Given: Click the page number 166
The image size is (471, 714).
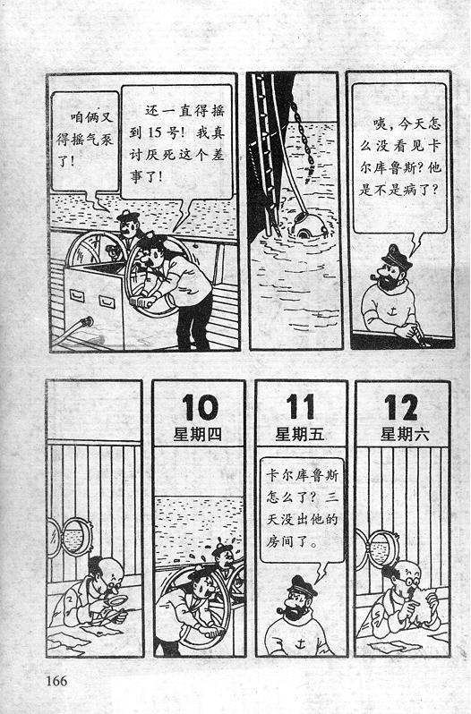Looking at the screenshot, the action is pyautogui.click(x=56, y=681).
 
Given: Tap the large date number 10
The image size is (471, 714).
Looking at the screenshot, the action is pyautogui.click(x=200, y=407).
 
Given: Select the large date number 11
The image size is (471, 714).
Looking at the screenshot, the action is pyautogui.click(x=301, y=406).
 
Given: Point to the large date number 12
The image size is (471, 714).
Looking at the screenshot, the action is pyautogui.click(x=401, y=407).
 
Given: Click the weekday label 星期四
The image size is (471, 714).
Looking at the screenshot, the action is pyautogui.click(x=197, y=434).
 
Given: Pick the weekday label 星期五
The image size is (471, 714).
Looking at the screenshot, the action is pyautogui.click(x=299, y=434).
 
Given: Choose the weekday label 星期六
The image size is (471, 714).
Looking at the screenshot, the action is pyautogui.click(x=405, y=434).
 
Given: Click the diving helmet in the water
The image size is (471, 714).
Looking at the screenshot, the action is pyautogui.click(x=309, y=225).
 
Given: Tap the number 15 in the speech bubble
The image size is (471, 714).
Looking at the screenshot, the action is pyautogui.click(x=155, y=132).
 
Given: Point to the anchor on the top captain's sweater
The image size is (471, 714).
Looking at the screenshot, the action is pyautogui.click(x=391, y=311).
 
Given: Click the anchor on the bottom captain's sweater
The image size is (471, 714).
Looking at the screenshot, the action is pyautogui.click(x=300, y=643).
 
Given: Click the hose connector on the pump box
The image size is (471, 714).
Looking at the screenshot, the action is pyautogui.click(x=86, y=323).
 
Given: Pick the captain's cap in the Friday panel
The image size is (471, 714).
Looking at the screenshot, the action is pyautogui.click(x=301, y=585).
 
